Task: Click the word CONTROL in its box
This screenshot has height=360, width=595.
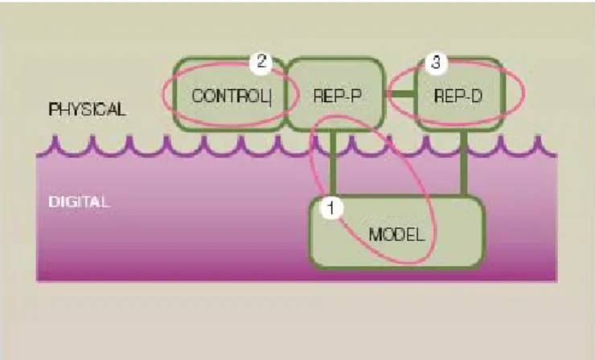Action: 230,96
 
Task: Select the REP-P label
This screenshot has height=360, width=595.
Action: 338,96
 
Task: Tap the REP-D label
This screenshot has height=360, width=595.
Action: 458,96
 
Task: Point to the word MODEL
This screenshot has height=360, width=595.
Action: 396,235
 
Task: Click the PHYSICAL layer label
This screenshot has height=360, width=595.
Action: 87,109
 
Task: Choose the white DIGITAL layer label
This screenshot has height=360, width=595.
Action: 79,202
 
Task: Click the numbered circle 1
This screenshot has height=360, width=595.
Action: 331,207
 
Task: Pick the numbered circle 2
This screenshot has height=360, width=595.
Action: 261,61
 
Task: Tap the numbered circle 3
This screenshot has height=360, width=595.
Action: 436,62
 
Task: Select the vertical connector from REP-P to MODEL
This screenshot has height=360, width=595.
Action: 333,163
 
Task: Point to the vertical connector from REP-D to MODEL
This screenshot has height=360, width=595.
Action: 463,163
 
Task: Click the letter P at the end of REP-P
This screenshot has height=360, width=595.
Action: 356,96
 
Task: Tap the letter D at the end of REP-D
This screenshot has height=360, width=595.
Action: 477,96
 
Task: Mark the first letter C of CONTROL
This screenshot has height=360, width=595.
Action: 198,96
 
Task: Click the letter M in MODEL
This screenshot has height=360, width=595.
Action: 376,235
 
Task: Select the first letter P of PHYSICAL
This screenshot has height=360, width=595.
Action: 53,109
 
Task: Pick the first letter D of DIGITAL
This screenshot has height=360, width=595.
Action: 54,202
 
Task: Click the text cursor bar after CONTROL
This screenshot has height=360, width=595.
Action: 270,97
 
